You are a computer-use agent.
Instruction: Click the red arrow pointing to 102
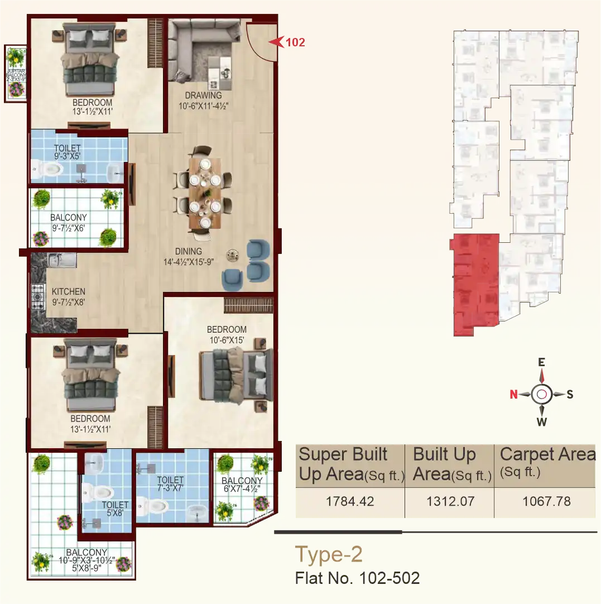275,41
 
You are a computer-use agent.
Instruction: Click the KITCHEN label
69,291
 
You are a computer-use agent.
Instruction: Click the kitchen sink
59,260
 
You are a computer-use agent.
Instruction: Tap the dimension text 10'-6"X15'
227,338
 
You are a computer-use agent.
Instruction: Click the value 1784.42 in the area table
349,501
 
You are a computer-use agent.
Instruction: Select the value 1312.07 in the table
450,501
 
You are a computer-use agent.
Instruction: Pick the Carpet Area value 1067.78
546,501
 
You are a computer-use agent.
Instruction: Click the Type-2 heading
329,554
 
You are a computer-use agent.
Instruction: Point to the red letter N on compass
513,395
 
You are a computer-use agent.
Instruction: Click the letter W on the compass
541,421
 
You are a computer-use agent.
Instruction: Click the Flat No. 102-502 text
357,578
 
